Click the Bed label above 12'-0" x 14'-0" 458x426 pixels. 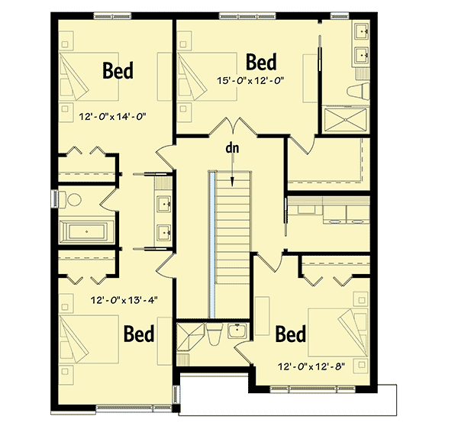pos(118,71)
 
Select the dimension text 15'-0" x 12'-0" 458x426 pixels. pos(251,79)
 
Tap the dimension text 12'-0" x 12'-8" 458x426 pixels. pos(312,366)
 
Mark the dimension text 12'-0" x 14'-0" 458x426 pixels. pos(112,118)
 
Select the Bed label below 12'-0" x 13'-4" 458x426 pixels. pos(139,334)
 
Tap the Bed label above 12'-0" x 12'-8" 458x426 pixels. pos(290,334)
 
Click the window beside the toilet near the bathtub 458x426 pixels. pos(55,198)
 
